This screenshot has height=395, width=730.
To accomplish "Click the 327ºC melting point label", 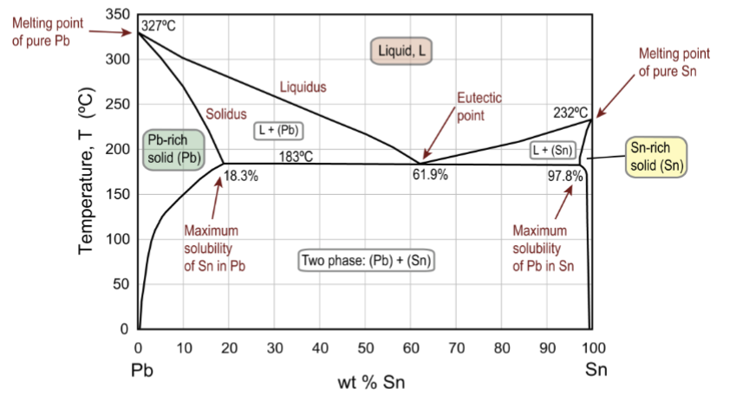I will click(159, 25).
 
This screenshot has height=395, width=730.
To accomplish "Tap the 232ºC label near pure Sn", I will click(570, 112).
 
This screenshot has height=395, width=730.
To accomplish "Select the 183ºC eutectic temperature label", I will click(296, 157).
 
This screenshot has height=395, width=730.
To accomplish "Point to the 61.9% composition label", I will click(429, 176).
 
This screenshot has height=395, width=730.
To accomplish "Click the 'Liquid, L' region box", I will click(400, 51).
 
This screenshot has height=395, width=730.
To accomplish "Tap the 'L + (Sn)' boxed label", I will click(553, 150).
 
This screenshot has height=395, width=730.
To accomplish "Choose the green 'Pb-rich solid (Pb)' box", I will click(173, 151).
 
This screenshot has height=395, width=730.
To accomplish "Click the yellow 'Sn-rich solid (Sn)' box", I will click(655, 158).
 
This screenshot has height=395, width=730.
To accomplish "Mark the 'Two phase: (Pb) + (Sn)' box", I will click(367, 260).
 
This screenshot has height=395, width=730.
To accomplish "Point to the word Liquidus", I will click(303, 87).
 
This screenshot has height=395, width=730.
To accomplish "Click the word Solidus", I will click(226, 113).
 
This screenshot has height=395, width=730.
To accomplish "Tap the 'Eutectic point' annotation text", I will click(479, 106).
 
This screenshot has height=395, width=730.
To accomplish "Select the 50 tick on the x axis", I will click(366, 348).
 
